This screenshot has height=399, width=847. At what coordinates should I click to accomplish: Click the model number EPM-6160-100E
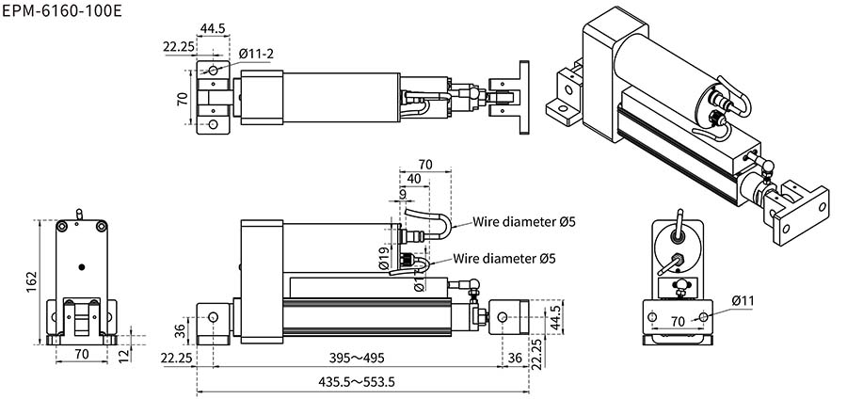tap(62, 11)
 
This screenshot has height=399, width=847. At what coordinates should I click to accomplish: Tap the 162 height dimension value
tap(32, 281)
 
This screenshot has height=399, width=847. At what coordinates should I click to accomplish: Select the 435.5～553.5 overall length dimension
tap(357, 382)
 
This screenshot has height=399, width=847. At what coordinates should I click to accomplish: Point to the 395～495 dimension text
tap(357, 358)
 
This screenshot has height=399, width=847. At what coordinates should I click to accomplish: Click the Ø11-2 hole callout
tap(256, 54)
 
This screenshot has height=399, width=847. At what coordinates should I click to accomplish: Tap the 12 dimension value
tap(124, 355)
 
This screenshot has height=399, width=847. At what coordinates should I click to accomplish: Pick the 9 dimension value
tap(403, 194)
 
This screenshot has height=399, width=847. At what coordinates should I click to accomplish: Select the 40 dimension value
tap(414, 179)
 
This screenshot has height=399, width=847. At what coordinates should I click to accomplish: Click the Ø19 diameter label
tap(384, 259)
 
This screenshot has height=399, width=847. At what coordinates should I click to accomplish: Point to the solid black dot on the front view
tap(82, 266)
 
